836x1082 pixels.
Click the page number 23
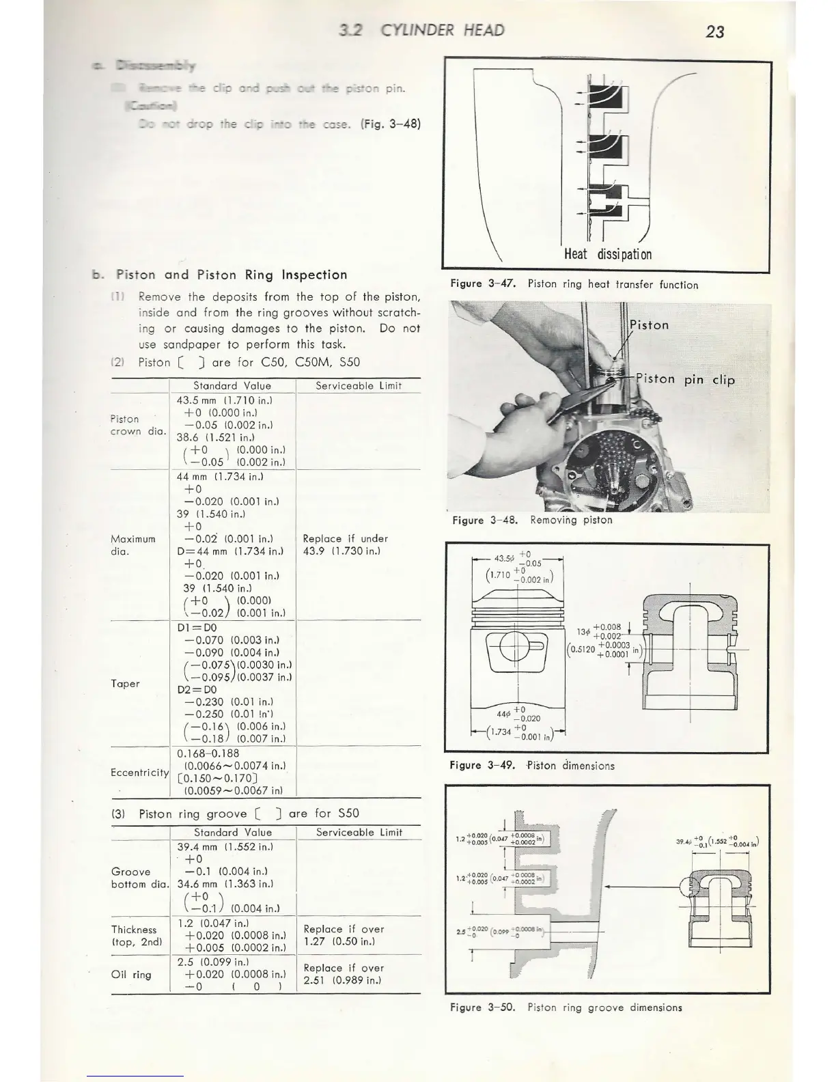(x=714, y=31)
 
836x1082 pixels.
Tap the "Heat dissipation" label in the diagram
(x=607, y=254)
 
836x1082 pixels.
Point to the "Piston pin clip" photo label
(x=684, y=380)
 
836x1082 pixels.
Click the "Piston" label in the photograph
(x=649, y=325)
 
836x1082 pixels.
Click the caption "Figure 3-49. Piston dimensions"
(x=532, y=766)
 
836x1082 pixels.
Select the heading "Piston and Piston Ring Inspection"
(x=232, y=275)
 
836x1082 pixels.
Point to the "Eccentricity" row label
(x=139, y=773)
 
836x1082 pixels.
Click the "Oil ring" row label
(x=131, y=975)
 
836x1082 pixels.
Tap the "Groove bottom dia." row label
(x=139, y=878)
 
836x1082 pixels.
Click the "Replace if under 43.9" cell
(x=344, y=544)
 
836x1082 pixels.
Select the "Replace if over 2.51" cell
(x=344, y=974)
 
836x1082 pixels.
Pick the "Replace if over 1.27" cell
(x=344, y=935)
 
